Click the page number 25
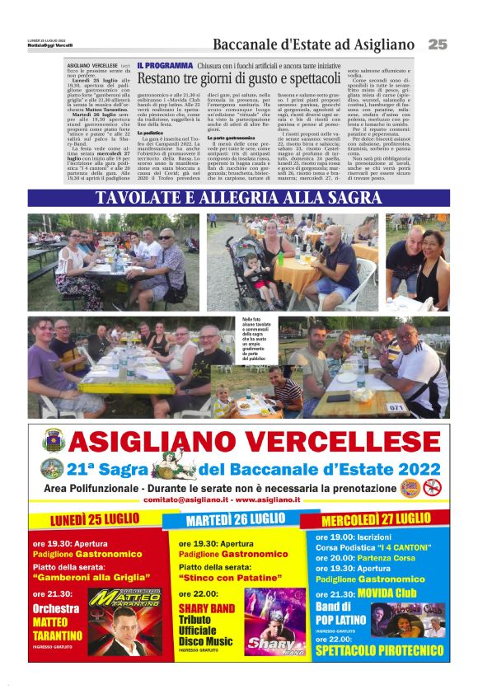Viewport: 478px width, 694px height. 437,44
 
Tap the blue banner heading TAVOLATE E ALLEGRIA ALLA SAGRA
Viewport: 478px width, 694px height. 238,198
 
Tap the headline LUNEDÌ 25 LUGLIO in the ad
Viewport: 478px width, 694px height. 94,520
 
